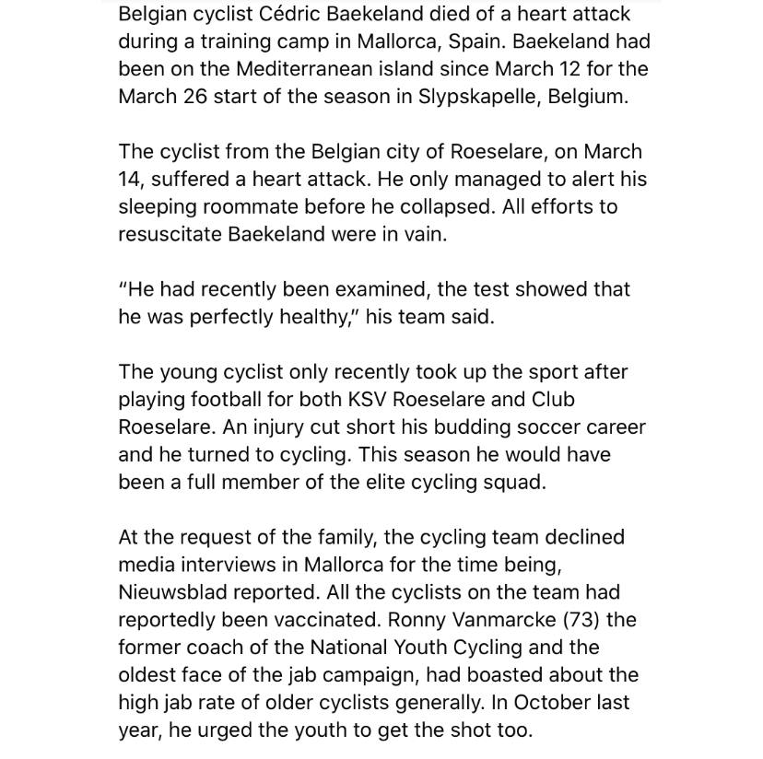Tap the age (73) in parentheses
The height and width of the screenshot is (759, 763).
pos(588,620)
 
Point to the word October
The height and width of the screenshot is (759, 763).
pos(561,703)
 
